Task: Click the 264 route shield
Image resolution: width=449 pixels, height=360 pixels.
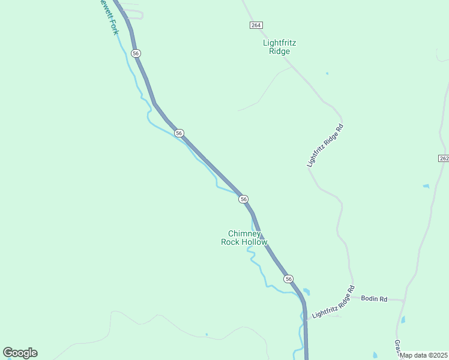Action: point(256,25)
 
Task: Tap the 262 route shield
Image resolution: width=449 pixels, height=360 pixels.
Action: point(443,158)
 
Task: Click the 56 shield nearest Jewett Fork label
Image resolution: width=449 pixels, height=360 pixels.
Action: point(136,53)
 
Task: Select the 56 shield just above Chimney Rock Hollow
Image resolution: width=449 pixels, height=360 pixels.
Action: point(243,199)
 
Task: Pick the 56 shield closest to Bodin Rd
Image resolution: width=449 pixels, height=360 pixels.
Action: point(289,279)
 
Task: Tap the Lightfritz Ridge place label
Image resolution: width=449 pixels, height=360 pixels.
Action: point(280,47)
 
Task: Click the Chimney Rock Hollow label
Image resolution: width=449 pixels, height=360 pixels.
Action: point(244,238)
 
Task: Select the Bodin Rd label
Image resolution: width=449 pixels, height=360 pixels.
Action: point(374,298)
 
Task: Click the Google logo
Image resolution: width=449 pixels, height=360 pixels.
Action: point(20,353)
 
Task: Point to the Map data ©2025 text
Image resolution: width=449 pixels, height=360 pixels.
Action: point(424,355)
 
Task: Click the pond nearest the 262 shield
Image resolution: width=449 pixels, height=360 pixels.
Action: point(426,187)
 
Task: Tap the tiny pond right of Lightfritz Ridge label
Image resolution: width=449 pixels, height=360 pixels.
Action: point(327,74)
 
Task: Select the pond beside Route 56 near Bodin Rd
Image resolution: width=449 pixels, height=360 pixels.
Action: point(307,292)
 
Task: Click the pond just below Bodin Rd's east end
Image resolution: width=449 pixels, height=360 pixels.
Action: point(402,319)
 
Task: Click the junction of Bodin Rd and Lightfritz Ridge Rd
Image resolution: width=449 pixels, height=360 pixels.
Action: point(352,296)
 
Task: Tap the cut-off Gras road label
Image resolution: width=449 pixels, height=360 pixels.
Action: point(397,347)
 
